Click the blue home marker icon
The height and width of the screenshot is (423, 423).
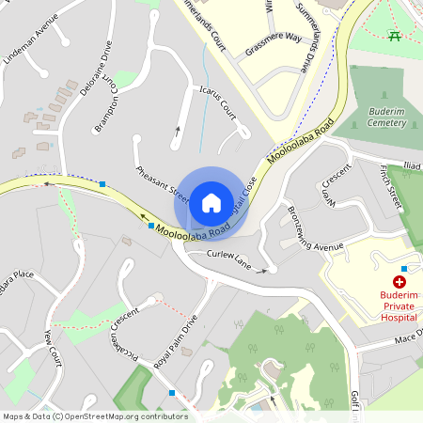[x=211, y=201]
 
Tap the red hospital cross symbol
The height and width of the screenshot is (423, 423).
[x=399, y=281]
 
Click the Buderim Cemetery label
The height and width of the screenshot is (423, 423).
[x=385, y=117]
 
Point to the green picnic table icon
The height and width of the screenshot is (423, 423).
[x=396, y=36]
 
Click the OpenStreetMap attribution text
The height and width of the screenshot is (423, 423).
[x=95, y=416]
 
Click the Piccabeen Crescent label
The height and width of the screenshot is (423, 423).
[x=124, y=327]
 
